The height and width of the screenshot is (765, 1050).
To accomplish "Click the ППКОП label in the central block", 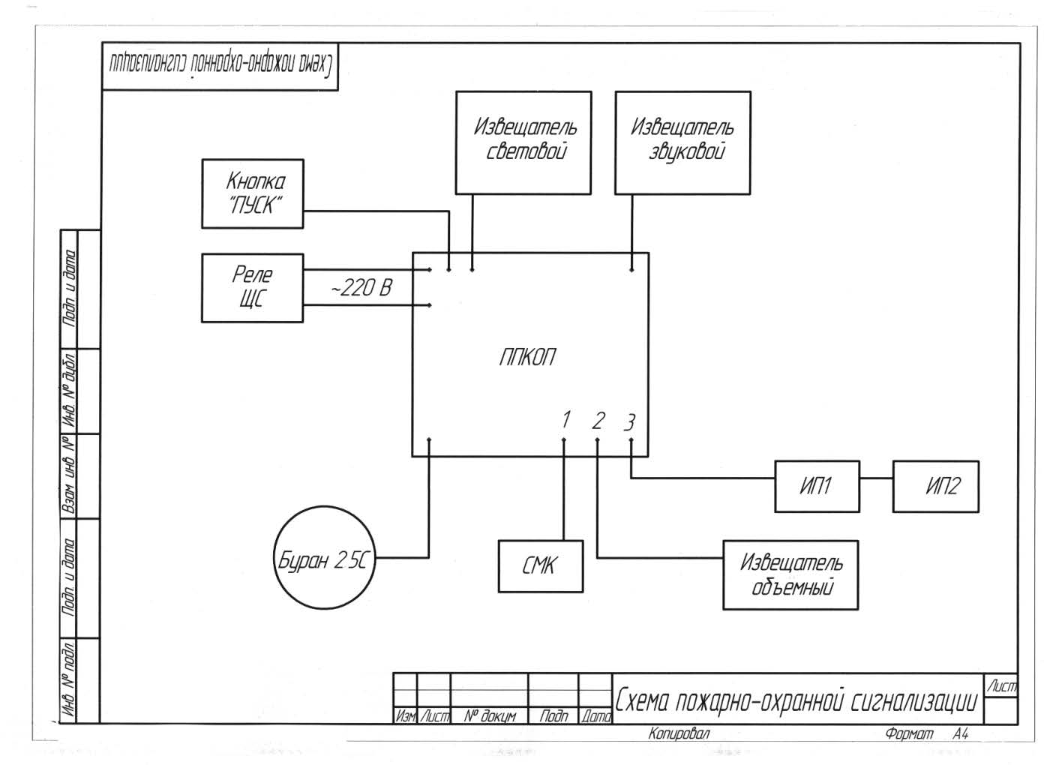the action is pyautogui.click(x=528, y=357).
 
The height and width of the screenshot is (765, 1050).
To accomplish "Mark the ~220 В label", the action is pyautogui.click(x=361, y=288).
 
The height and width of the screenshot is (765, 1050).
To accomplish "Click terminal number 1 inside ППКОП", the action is pyautogui.click(x=566, y=419).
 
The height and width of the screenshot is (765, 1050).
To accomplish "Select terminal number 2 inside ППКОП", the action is pyautogui.click(x=598, y=421).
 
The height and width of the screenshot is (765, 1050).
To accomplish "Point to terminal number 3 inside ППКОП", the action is pyautogui.click(x=629, y=422).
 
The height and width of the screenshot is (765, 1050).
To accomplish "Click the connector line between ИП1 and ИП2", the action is pyautogui.click(x=877, y=478).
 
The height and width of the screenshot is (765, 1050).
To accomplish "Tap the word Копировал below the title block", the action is pyautogui.click(x=679, y=733).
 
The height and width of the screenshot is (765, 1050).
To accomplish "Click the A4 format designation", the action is pyautogui.click(x=961, y=733).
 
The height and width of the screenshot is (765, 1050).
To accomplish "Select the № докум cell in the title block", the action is pyautogui.click(x=490, y=715).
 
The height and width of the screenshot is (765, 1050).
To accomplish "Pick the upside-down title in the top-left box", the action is pyautogui.click(x=220, y=65).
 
